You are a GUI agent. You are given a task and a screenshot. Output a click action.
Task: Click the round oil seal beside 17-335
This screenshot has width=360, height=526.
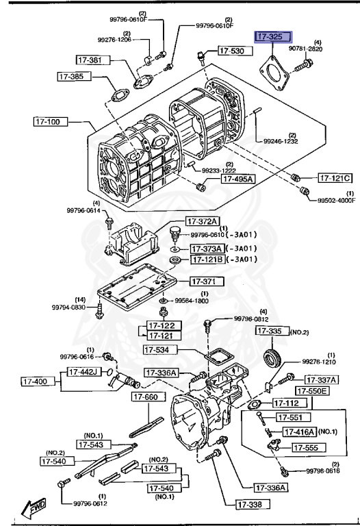pyautogui.click(x=274, y=358)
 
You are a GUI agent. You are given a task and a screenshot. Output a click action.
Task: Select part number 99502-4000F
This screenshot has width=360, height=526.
pyautogui.click(x=336, y=200)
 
